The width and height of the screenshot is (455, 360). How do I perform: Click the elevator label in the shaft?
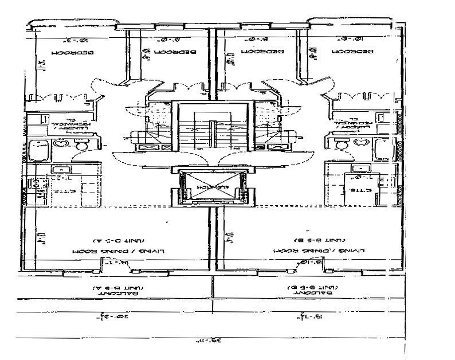pos(212,187)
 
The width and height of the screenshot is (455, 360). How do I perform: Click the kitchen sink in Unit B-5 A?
pos(60,170)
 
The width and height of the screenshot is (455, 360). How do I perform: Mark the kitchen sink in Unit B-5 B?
pos(360,169)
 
